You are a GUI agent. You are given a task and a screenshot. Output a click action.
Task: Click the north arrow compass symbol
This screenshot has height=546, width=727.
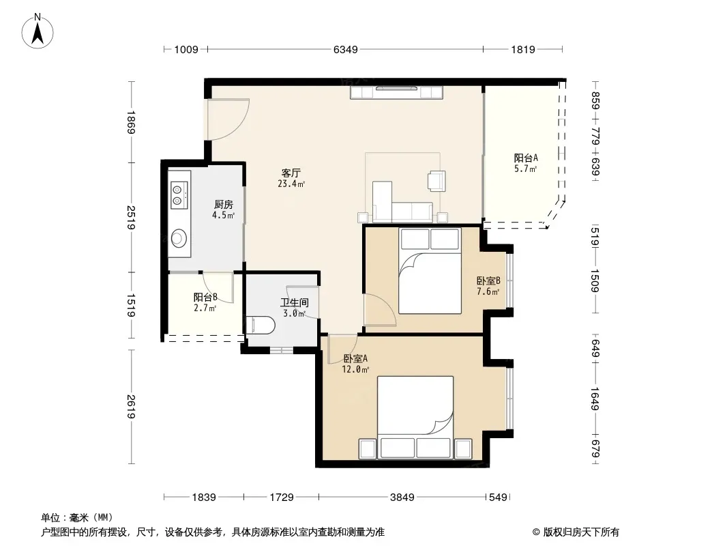click(x=38, y=31)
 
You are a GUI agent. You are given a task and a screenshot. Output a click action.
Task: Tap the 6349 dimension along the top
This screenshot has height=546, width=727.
click(x=345, y=49)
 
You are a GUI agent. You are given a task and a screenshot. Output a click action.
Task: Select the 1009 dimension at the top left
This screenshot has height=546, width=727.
click(x=186, y=49)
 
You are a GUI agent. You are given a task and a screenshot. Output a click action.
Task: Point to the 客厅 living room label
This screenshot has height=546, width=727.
click(x=291, y=173)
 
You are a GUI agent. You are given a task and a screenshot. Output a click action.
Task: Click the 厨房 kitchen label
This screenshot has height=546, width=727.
click(x=224, y=205)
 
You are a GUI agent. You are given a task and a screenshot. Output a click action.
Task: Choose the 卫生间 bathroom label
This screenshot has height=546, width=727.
click(x=295, y=303)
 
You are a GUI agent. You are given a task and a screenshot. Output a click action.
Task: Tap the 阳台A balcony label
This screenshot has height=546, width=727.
click(x=526, y=158)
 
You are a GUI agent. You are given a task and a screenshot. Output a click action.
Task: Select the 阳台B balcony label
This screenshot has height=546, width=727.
click(x=205, y=297)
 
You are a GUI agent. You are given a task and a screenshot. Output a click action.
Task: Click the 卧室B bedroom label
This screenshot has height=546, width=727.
click(x=488, y=281)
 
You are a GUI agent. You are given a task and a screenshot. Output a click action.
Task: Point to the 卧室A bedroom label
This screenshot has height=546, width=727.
click(x=355, y=358)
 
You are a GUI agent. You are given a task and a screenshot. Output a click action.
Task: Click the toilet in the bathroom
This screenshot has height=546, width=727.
click(x=260, y=325)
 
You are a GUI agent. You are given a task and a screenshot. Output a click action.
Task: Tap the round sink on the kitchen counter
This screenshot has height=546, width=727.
click(x=179, y=238)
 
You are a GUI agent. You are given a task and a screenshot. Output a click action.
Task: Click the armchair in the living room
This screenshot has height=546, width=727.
click(x=436, y=181)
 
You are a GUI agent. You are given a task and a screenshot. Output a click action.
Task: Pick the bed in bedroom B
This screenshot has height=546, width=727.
click(x=430, y=270)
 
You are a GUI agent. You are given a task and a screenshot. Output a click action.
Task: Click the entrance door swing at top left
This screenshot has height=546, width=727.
click(x=228, y=119)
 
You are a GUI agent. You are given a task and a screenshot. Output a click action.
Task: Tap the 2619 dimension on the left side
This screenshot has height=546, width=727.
click(x=131, y=406)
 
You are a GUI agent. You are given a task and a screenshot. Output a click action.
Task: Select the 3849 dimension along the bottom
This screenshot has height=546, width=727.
click(x=402, y=498)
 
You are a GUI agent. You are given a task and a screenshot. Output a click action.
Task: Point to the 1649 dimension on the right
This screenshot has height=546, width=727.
click(x=595, y=399)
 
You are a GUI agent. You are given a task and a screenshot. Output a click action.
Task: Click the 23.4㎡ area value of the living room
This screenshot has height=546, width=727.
click(x=291, y=184)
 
